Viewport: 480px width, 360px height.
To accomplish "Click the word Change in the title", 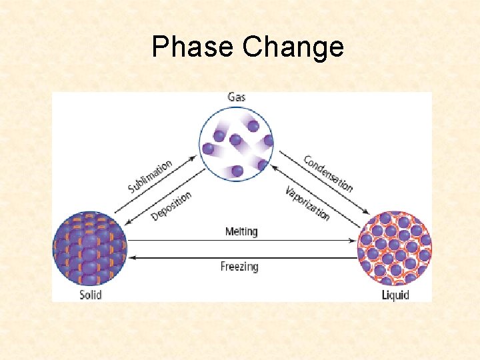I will tap(294, 47).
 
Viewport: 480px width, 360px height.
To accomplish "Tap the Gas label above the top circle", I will tap(236, 97).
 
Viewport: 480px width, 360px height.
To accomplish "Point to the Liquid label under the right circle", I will tap(395, 294).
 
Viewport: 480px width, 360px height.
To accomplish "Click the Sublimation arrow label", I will tap(150, 176).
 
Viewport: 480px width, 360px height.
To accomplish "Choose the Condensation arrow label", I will tap(327, 173).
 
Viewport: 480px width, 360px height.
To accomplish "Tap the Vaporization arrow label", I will tap(307, 203).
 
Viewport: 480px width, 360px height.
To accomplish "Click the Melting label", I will tap(241, 231).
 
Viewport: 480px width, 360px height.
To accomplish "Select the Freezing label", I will tap(239, 267).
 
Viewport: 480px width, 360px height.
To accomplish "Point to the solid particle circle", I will tap(89, 247).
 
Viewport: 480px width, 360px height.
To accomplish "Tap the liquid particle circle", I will tap(395, 247).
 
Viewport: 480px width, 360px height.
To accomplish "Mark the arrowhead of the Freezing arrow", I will tap(131, 257).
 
